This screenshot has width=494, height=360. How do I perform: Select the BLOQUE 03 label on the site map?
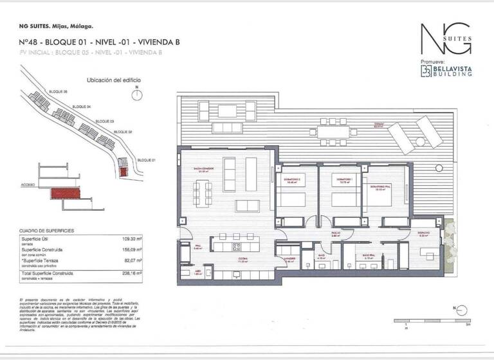104,121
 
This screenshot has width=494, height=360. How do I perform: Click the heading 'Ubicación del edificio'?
114,80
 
